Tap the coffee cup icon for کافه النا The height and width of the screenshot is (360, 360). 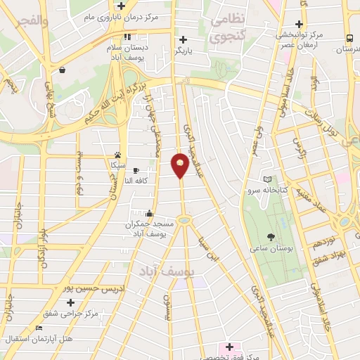click(136, 170)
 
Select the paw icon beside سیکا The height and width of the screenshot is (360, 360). click(118, 155)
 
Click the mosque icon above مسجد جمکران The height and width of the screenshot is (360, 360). click(149, 213)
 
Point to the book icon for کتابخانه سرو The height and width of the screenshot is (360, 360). click(266, 179)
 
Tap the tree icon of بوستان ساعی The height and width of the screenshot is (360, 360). click(271, 237)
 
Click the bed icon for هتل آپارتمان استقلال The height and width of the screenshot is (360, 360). click(39, 328)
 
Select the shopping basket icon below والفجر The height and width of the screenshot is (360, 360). click(63, 70)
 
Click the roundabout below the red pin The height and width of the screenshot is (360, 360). click(185, 220)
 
